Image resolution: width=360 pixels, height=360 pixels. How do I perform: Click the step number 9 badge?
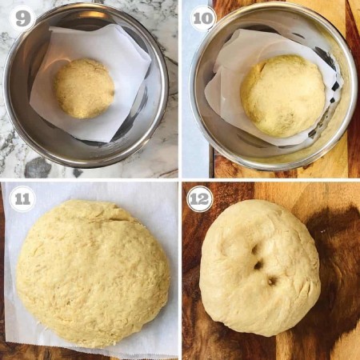pyautogui.click(x=22, y=18)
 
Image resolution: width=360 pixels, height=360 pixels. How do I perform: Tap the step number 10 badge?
pyautogui.click(x=202, y=18)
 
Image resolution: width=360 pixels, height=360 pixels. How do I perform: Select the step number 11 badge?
pyautogui.click(x=22, y=198)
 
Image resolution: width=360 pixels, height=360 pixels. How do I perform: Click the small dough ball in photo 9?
pyautogui.click(x=84, y=88)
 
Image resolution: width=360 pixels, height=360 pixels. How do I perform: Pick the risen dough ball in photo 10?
pyautogui.click(x=282, y=95)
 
